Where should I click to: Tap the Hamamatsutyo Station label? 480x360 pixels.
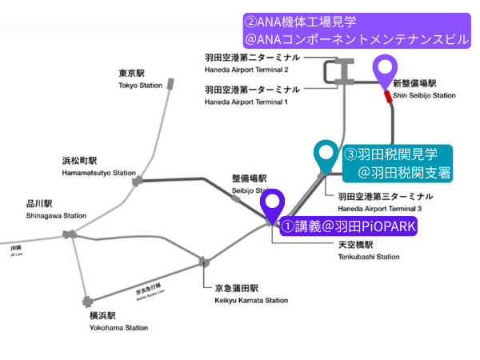click(x=98, y=166)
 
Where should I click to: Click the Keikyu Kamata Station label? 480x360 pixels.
click(x=250, y=294)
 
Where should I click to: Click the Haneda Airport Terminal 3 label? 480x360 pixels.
click(x=386, y=202)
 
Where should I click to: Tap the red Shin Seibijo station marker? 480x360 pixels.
click(x=388, y=97)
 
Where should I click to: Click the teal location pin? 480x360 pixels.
click(x=326, y=156)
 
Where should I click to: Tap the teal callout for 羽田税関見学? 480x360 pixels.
click(x=397, y=162)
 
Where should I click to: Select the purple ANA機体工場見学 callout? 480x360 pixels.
click(x=357, y=29)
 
